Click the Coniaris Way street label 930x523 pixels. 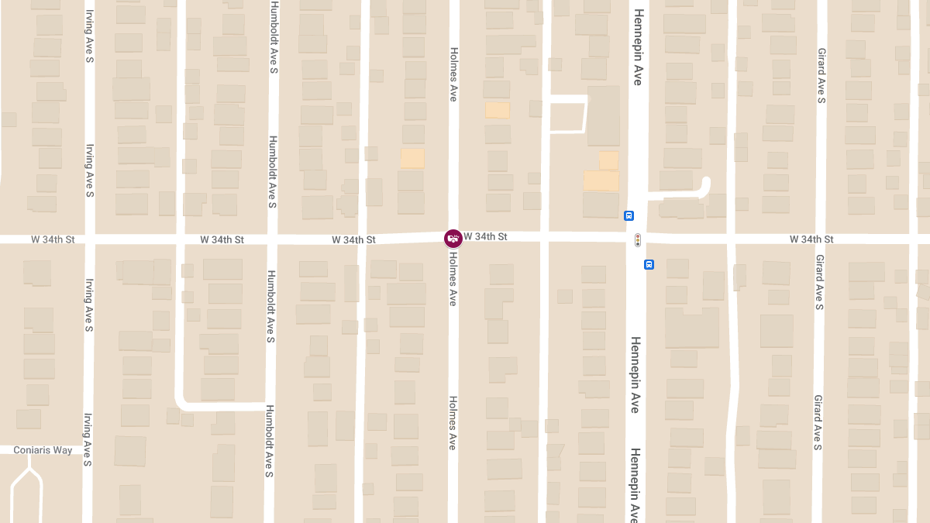[x=43, y=450]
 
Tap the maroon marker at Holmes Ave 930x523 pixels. [x=453, y=238]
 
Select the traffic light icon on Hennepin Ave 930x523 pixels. [x=638, y=239]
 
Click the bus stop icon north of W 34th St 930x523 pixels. [x=629, y=215]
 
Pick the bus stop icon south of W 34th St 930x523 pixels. [x=649, y=264]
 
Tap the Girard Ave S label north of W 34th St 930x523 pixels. [x=821, y=76]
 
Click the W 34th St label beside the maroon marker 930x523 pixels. [x=486, y=236]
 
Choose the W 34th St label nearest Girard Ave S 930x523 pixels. [x=811, y=239]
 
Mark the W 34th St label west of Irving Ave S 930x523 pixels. [x=53, y=239]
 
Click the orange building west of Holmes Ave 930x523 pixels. [x=412, y=159]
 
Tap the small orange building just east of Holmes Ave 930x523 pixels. [x=498, y=110]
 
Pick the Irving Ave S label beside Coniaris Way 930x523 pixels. [x=88, y=439]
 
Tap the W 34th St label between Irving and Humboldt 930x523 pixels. [x=222, y=239]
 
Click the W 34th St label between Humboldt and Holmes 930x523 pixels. [x=353, y=239]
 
